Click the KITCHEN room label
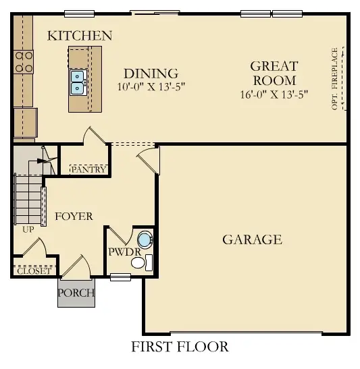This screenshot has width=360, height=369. tap(80, 36)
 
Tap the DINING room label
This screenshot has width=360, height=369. tap(151, 74)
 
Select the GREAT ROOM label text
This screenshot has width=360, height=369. tap(274, 73)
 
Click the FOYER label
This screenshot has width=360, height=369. tap(74, 216)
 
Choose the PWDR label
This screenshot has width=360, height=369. tap(123, 252)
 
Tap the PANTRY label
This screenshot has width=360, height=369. tap(88, 169)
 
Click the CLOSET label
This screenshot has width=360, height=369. tap(33, 271)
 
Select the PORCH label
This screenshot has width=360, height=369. tap(76, 293)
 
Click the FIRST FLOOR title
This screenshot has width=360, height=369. tap(180, 347)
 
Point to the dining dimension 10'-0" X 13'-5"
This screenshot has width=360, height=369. tap(151, 87)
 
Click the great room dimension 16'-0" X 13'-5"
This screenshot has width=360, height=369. tap(274, 94)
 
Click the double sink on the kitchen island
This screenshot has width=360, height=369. tap(78, 81)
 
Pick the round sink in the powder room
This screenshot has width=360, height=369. tap(144, 239)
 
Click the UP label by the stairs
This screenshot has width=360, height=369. tap(28, 229)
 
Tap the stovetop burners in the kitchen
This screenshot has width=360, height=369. tap(23, 62)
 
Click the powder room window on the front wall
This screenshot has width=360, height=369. tap(120, 276)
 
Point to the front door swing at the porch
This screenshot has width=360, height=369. tap(76, 265)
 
